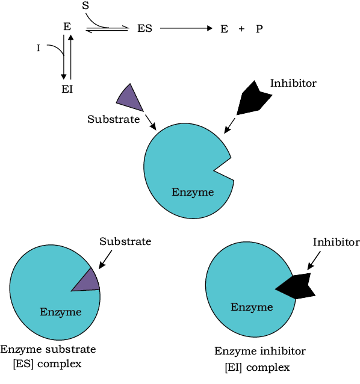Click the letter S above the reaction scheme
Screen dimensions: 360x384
click(x=85, y=5)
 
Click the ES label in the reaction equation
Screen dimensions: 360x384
click(x=144, y=28)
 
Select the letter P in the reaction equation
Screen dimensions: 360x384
click(x=259, y=29)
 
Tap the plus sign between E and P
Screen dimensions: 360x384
click(x=241, y=29)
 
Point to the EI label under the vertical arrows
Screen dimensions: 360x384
click(x=67, y=89)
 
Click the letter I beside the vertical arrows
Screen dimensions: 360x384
click(x=38, y=48)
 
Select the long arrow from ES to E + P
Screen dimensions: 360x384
click(x=186, y=28)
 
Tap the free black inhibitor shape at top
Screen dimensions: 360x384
click(x=253, y=98)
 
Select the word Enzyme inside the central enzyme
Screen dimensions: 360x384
click(x=193, y=192)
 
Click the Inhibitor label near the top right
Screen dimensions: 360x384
click(x=293, y=83)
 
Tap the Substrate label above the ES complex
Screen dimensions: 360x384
click(x=125, y=241)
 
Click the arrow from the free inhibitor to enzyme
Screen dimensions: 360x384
click(x=230, y=126)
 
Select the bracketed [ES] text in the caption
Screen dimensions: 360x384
click(x=23, y=364)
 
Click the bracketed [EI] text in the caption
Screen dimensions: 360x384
click(x=234, y=367)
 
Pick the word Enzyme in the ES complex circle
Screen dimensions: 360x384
click(x=60, y=312)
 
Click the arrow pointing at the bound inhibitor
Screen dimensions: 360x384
click(x=314, y=261)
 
